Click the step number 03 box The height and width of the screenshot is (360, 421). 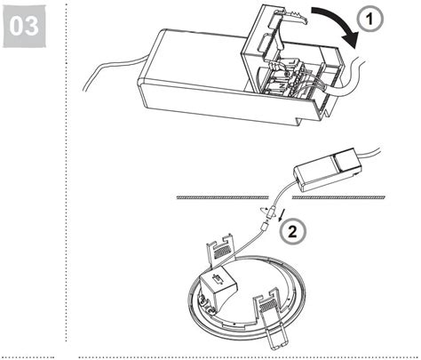point(27,27)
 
